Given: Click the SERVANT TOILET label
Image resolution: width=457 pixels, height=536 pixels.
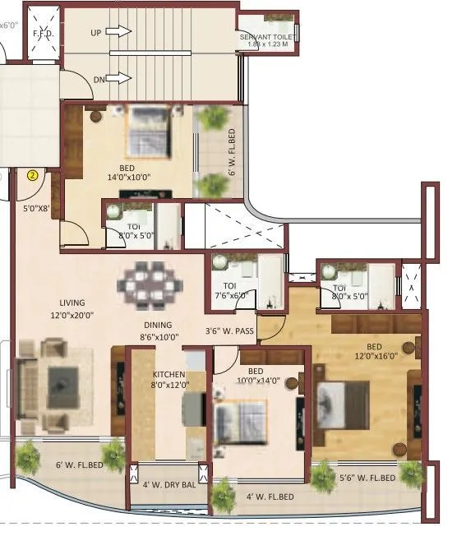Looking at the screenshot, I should point(268,38).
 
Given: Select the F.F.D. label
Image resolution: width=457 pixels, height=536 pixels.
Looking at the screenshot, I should point(42,35).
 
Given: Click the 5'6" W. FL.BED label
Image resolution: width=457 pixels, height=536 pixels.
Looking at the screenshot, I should point(367,478).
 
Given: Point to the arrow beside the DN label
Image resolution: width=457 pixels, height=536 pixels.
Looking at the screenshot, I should point(120,79).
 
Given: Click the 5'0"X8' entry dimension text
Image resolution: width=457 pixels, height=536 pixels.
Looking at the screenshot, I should point(38,209).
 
